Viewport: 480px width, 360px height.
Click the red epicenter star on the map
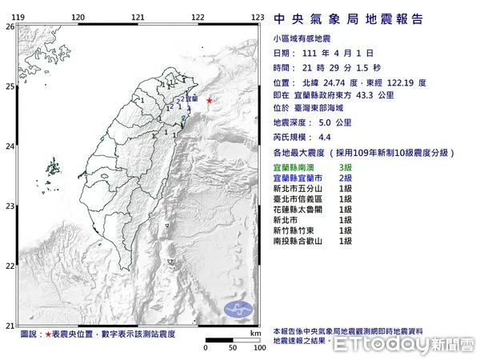tap(210, 101)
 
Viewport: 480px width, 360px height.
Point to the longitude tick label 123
tap(258, 17)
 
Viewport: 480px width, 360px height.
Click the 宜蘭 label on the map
tap(192, 98)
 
